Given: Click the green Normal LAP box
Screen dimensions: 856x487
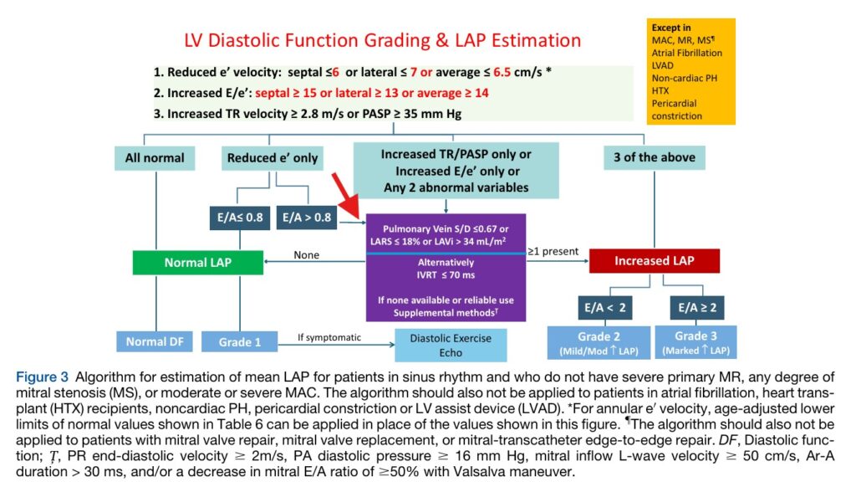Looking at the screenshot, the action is (x=197, y=263).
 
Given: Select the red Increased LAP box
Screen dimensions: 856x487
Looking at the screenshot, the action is (x=654, y=261).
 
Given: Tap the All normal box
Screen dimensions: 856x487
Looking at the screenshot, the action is (x=155, y=158).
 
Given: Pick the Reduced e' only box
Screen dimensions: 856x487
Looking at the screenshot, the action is (x=273, y=158).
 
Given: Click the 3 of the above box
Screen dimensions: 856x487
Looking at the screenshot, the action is (x=654, y=157).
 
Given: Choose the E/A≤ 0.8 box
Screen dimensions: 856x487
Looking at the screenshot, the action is (x=240, y=218).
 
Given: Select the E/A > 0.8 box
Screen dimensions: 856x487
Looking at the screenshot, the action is (x=306, y=218).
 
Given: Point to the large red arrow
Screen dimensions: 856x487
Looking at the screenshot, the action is (x=345, y=196).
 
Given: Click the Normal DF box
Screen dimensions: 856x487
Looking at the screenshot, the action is (x=155, y=341).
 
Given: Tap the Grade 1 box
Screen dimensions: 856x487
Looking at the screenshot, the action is (x=240, y=341).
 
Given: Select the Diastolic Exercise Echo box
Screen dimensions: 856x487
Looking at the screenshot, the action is (x=451, y=346).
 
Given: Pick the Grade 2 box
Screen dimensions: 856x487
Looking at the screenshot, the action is (x=599, y=343).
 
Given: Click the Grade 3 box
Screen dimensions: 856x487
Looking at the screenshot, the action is (x=696, y=342).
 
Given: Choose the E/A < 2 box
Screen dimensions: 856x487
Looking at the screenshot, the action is (x=605, y=308).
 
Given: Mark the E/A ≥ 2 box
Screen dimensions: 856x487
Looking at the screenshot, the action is (x=697, y=308).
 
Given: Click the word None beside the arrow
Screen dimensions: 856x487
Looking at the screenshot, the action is (x=306, y=254).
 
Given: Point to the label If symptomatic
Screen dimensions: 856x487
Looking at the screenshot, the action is (x=329, y=337).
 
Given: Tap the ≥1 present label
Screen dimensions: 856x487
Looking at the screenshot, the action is (x=553, y=251).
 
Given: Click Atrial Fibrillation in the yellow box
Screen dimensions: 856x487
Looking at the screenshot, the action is (x=687, y=53).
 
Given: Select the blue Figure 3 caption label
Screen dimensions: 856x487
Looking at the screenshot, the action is (x=42, y=377).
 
